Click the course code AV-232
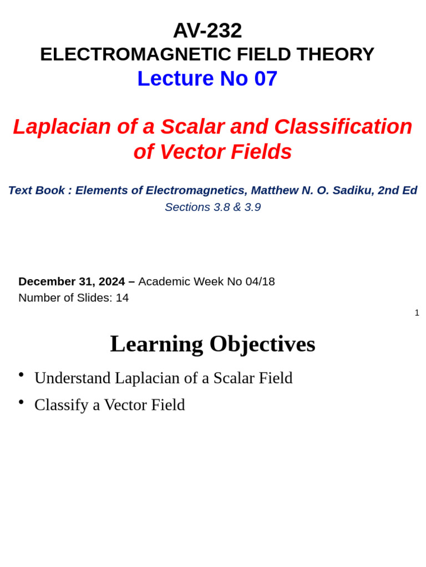(207, 30)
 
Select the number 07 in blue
(266, 79)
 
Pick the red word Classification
(343, 127)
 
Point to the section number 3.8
(222, 208)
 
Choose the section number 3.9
(252, 208)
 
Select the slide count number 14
(122, 298)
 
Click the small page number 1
(417, 313)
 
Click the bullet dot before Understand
(21, 375)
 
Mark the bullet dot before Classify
(21, 402)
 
